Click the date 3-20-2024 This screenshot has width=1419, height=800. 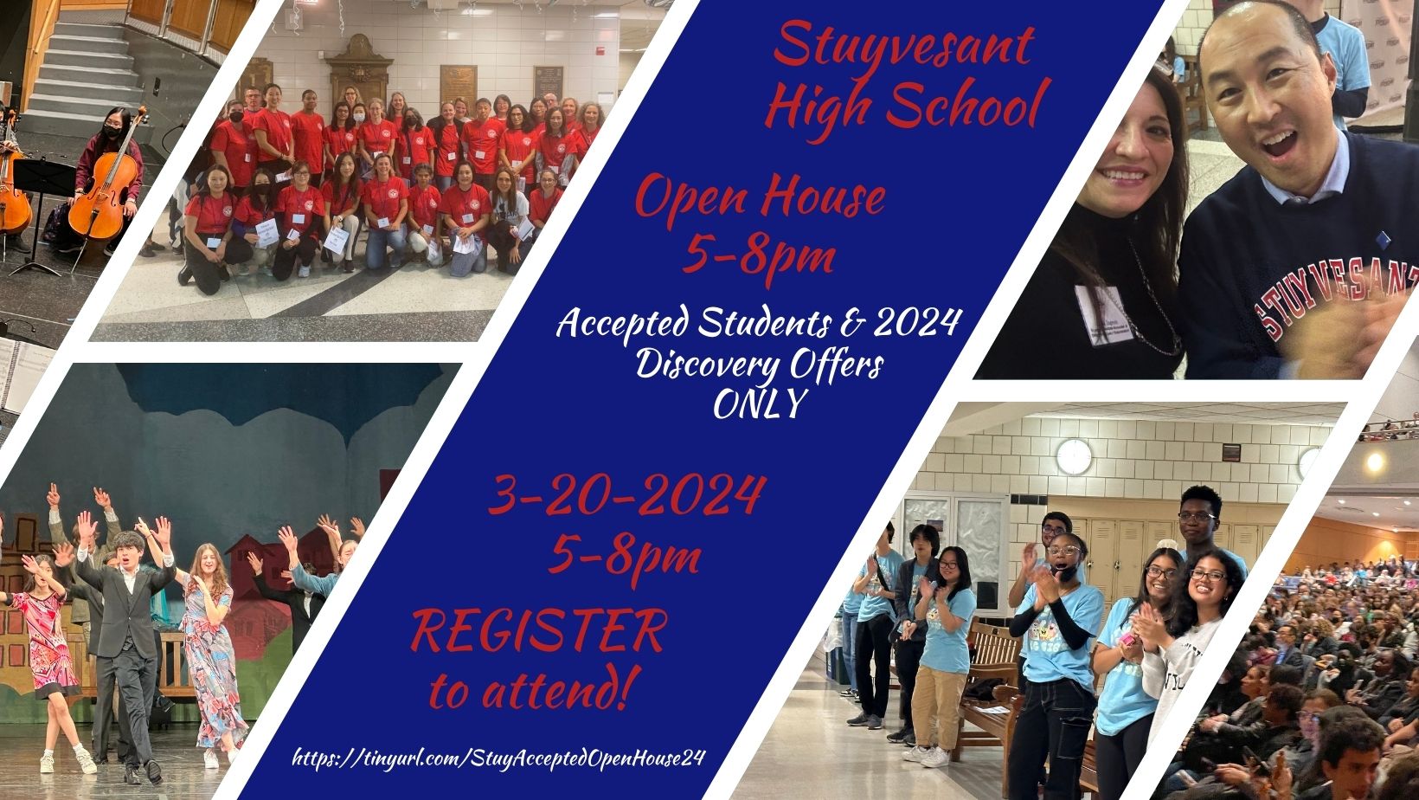pyautogui.click(x=627, y=495)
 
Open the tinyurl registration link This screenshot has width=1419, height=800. pyautogui.click(x=498, y=758)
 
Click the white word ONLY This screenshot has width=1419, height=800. pyautogui.click(x=761, y=403)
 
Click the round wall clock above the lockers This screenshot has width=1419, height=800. pyautogui.click(x=1074, y=456)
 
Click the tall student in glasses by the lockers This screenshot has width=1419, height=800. pyautogui.click(x=1204, y=532)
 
